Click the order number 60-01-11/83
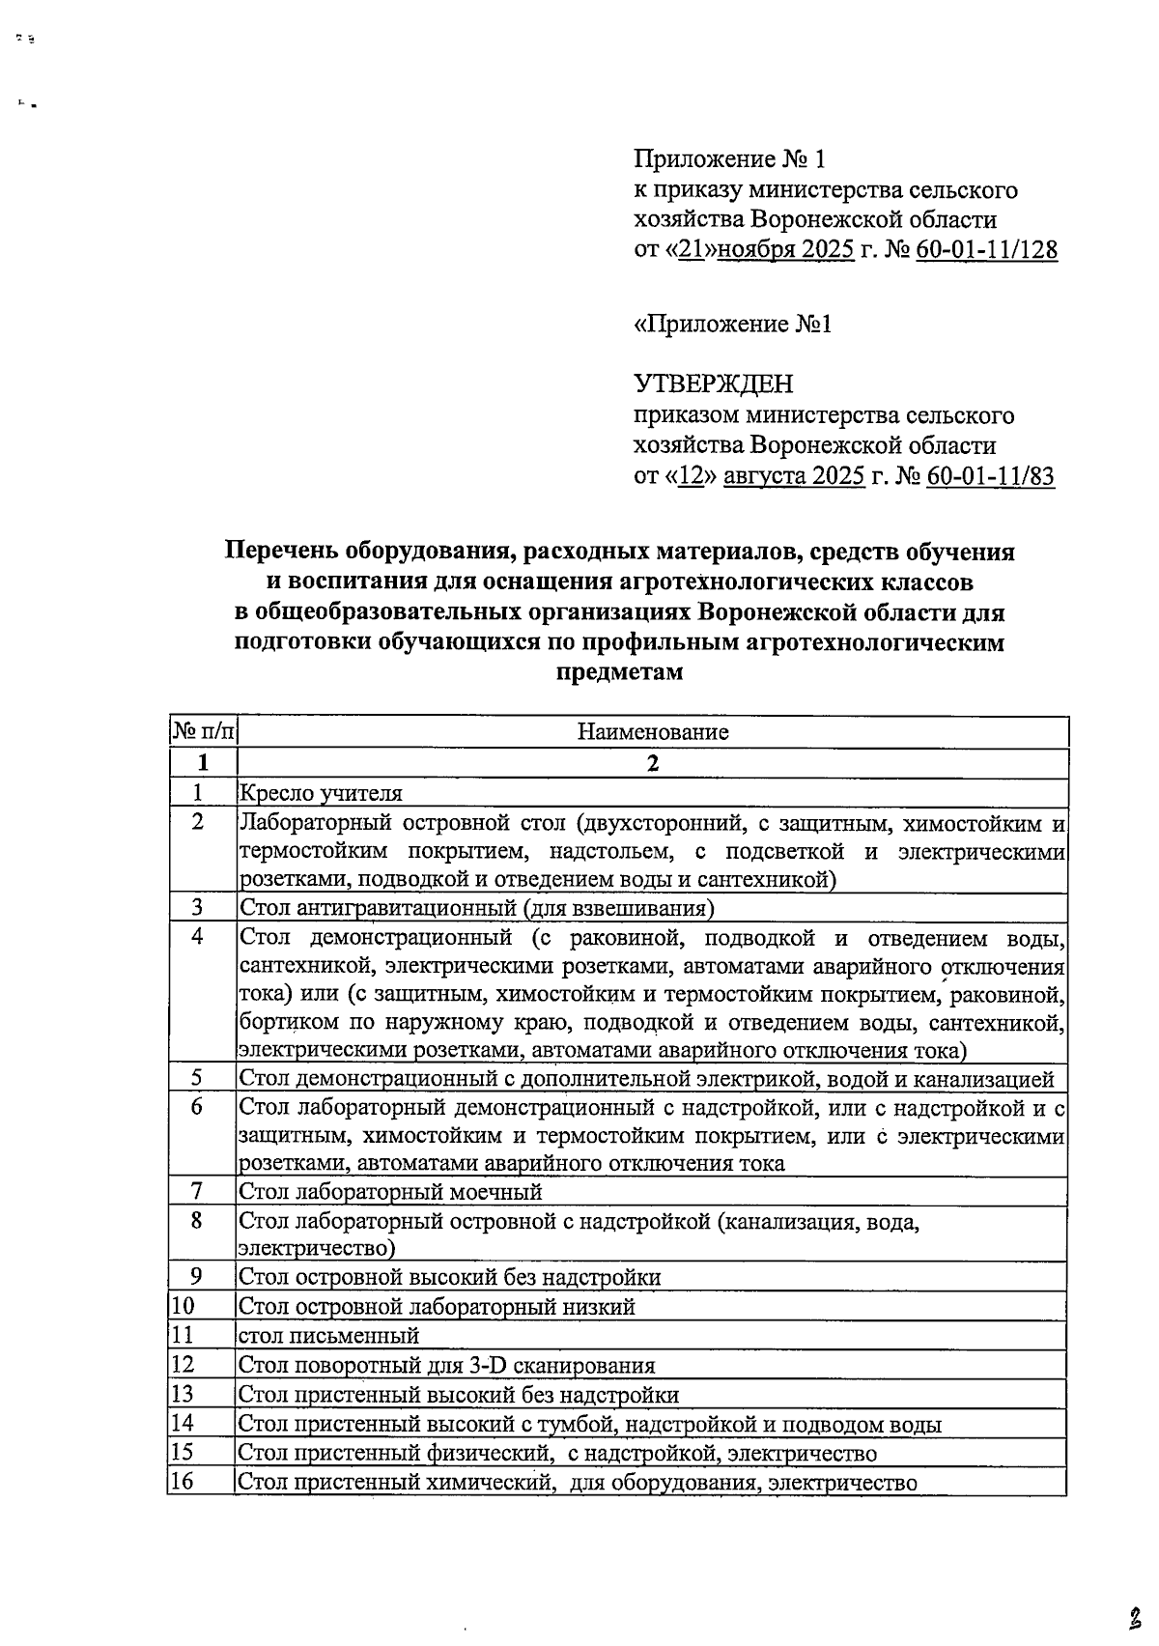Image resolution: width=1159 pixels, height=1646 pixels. (x=989, y=476)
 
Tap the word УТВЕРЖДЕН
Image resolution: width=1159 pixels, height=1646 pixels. (x=713, y=384)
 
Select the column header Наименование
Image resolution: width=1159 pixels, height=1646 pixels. (x=653, y=731)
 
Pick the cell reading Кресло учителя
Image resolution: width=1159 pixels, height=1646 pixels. (x=320, y=793)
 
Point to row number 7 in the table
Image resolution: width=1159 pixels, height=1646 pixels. (x=197, y=1191)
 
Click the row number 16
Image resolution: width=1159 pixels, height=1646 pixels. (x=183, y=1481)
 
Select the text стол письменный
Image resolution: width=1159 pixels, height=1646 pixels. (x=328, y=1336)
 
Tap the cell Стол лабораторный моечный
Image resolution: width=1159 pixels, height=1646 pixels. (x=390, y=1192)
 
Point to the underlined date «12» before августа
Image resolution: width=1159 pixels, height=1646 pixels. (x=689, y=476)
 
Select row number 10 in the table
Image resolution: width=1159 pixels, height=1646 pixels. (x=183, y=1307)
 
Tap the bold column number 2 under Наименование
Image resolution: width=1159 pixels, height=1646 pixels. (x=653, y=763)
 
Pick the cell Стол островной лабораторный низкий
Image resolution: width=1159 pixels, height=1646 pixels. (x=437, y=1307)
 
